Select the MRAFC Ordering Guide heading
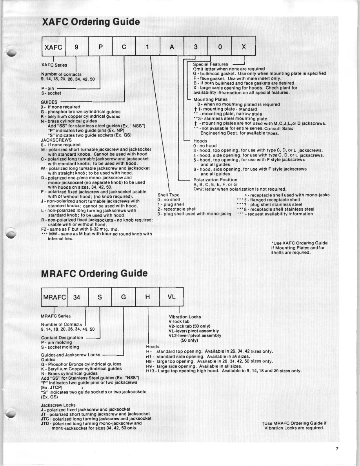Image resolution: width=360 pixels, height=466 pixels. (x=95, y=273)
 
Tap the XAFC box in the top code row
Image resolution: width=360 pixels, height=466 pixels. (x=53, y=47)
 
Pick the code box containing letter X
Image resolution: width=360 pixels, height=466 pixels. (x=244, y=47)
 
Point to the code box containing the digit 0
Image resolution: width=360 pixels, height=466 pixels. (x=220, y=47)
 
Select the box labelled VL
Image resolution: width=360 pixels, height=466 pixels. (x=171, y=297)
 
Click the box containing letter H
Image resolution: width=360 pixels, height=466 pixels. (x=147, y=297)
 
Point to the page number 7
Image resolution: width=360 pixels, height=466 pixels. (x=337, y=450)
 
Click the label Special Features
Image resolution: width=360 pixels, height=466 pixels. (x=210, y=64)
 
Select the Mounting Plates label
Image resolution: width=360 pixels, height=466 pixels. (x=207, y=100)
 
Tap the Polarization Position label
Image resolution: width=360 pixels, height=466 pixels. (x=215, y=180)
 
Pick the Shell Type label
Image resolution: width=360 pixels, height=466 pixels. (x=169, y=195)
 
